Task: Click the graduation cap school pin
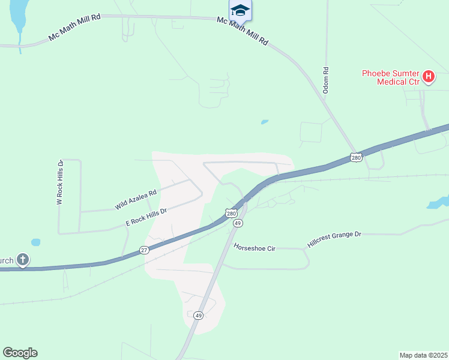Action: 240,10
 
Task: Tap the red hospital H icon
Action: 429,76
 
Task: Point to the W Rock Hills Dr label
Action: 59,183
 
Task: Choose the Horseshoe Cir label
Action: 254,247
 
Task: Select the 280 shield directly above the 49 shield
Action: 232,213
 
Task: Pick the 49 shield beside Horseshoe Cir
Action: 238,223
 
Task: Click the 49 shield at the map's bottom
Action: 199,315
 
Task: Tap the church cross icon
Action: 22,260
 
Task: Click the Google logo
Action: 20,353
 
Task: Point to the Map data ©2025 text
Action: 423,355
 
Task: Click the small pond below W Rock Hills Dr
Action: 35,242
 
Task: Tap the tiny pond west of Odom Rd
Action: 264,122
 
